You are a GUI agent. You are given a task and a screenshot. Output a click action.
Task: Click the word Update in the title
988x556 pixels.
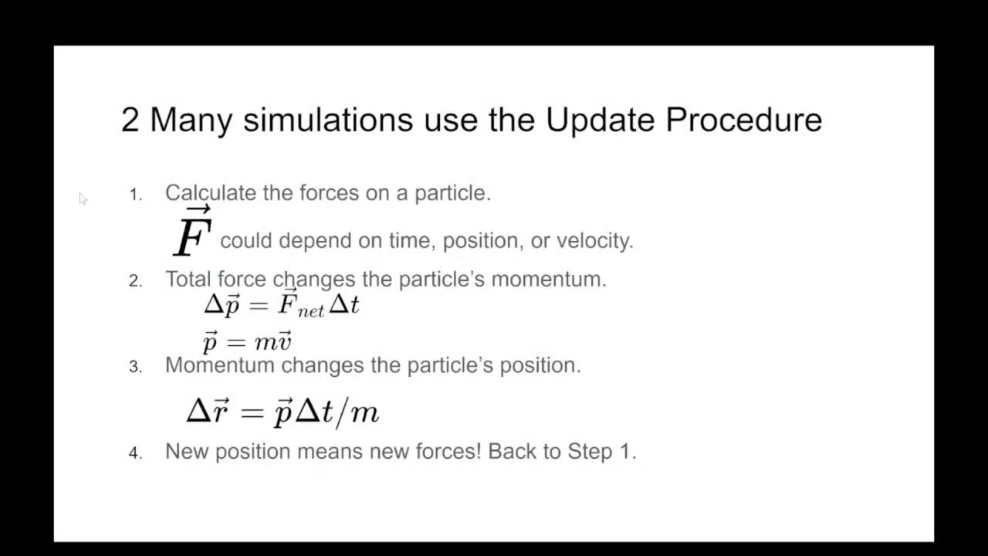(600, 120)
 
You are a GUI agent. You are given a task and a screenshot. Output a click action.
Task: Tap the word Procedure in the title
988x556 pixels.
(743, 120)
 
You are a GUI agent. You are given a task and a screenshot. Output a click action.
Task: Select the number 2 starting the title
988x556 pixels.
(130, 120)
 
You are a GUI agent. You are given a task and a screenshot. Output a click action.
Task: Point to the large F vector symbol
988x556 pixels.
(192, 233)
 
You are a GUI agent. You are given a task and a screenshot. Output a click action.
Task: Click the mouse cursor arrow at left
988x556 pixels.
(83, 198)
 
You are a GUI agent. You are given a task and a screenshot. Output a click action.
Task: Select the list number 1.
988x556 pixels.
(135, 195)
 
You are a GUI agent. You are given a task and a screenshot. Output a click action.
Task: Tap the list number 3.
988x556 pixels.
(135, 367)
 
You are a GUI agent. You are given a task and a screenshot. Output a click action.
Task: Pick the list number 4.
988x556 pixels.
(135, 453)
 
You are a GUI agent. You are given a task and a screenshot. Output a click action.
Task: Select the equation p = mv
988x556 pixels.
(247, 341)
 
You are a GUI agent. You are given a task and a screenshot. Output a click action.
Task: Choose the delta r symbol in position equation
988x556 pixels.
(207, 412)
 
